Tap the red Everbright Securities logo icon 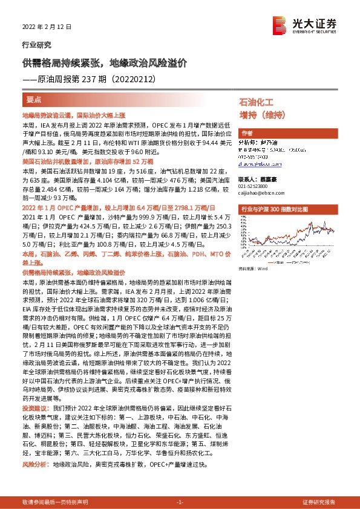tap(280, 24)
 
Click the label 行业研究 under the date tap(36, 45)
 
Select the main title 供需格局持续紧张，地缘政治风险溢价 tap(105, 62)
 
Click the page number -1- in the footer tap(180, 502)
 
